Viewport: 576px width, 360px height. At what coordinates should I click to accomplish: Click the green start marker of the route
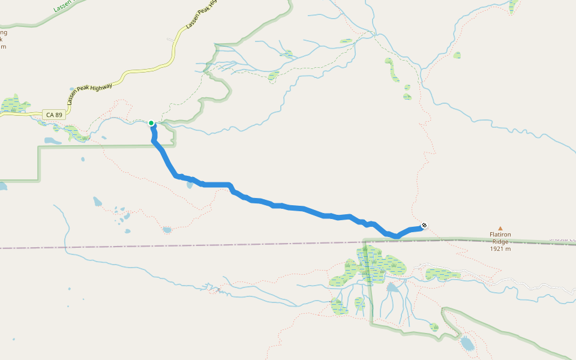(x=151, y=123)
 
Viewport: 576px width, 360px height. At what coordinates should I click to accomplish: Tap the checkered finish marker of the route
(x=425, y=226)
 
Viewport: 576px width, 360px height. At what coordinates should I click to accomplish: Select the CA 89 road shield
(x=53, y=114)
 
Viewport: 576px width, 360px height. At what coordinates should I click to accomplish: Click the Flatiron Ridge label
(x=499, y=238)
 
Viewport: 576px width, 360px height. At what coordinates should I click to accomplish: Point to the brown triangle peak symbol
(x=500, y=228)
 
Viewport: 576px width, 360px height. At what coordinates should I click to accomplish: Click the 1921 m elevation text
(x=499, y=249)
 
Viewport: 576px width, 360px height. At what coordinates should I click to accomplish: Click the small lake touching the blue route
(x=190, y=184)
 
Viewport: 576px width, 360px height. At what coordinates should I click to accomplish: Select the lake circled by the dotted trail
(x=167, y=230)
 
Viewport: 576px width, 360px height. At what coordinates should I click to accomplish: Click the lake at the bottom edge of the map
(x=466, y=344)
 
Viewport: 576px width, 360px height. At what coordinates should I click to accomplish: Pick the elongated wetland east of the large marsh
(x=443, y=275)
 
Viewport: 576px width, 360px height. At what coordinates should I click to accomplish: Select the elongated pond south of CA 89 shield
(x=52, y=141)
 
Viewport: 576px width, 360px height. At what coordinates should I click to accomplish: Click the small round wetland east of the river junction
(x=457, y=55)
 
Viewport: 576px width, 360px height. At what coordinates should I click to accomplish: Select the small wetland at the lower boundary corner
(x=434, y=327)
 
